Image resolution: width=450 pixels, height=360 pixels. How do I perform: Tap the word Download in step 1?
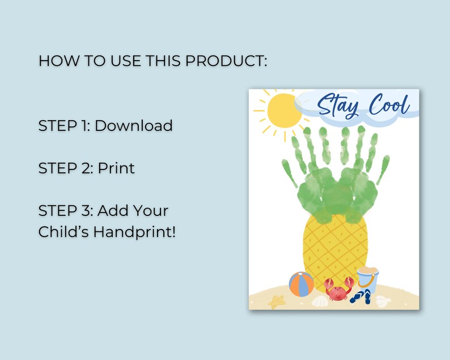pos(134,125)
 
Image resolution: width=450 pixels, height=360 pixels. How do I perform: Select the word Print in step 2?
pos(116,168)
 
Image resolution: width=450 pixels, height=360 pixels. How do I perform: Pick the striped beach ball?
pos(301,284)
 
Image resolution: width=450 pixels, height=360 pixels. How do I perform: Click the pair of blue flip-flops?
pos(360,296)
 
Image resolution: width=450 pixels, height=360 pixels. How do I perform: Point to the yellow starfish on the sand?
pos(277,302)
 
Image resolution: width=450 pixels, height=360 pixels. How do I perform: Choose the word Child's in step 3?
pos(62,232)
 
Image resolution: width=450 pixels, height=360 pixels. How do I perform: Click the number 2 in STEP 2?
pos(87,168)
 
